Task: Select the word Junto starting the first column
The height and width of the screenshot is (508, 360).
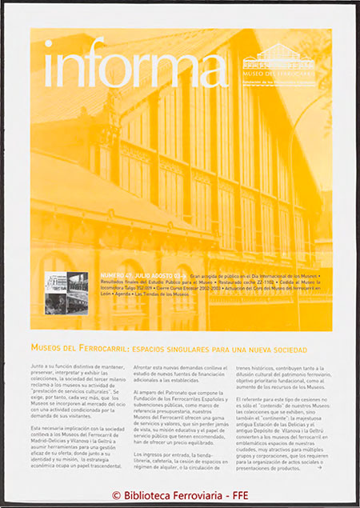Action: [x=38, y=365]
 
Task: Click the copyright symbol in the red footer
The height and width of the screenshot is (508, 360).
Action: [x=116, y=495]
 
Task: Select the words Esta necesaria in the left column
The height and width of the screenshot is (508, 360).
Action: [x=50, y=430]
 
